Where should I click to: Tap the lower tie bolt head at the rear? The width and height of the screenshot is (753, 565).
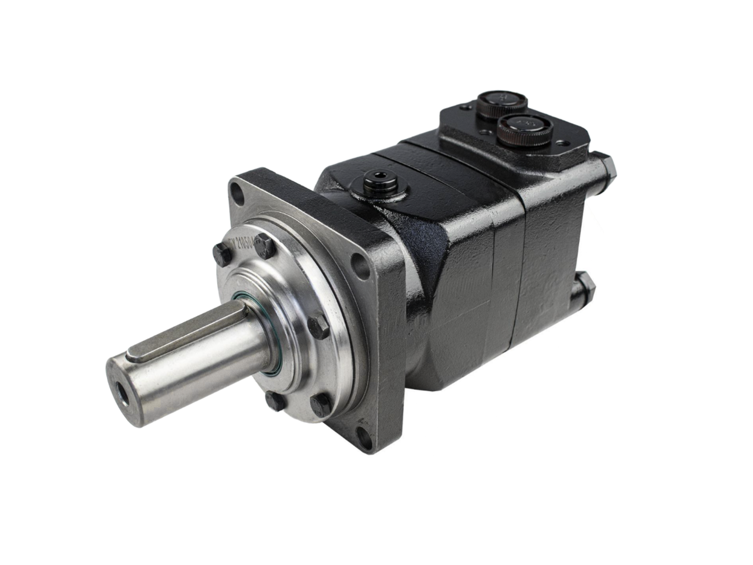tap(586, 287)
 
